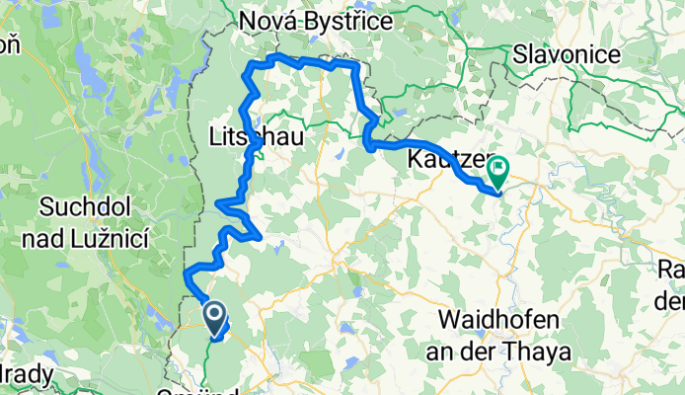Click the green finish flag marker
pyautogui.click(x=496, y=172)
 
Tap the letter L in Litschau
pyautogui.click(x=217, y=137)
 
